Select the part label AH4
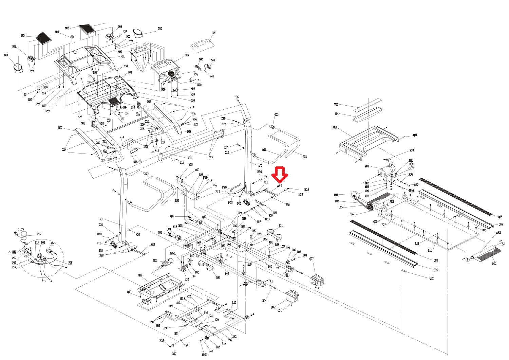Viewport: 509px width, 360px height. click(x=280, y=186)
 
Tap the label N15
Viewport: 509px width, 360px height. click(x=160, y=29)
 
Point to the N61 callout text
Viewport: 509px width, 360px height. click(x=214, y=33)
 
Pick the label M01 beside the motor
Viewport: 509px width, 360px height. click(x=367, y=166)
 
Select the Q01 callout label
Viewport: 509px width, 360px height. click(x=335, y=127)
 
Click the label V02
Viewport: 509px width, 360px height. click(x=336, y=105)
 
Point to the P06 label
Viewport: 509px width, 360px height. click(x=237, y=97)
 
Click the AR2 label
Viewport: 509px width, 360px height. click(x=498, y=233)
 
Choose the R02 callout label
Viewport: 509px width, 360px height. click(x=494, y=264)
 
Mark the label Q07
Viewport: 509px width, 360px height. click(x=312, y=259)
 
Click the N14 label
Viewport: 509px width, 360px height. click(x=6, y=55)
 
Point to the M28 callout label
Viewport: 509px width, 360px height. click(x=412, y=150)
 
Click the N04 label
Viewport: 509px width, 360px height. click(x=23, y=36)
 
